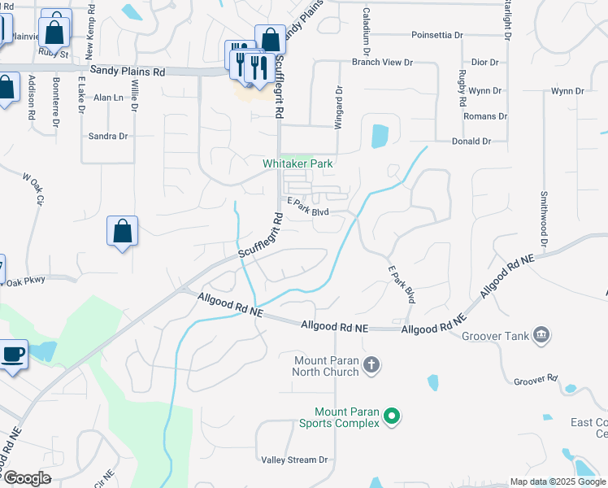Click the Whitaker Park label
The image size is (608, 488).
[x=297, y=163]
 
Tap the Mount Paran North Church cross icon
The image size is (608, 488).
[x=371, y=364]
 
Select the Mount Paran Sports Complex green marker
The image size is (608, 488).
[x=392, y=416]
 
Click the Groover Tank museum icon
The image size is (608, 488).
[x=540, y=335]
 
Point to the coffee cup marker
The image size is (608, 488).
[x=13, y=355]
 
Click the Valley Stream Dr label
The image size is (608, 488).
[x=294, y=460]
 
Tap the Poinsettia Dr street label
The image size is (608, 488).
[x=436, y=36]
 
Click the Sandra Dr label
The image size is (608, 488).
[x=108, y=136]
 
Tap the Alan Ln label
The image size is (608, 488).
[x=108, y=98]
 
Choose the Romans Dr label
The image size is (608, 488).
[x=484, y=116]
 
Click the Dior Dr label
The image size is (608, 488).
[x=484, y=62]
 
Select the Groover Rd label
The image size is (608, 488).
[x=536, y=380]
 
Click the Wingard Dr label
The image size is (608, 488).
[x=338, y=107]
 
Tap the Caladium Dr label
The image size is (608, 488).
[x=367, y=25]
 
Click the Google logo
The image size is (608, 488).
[x=27, y=478]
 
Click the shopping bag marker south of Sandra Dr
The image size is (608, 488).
[x=122, y=231]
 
